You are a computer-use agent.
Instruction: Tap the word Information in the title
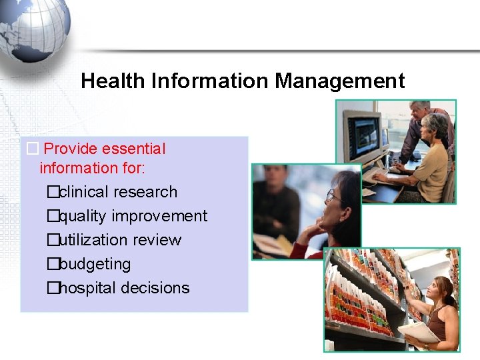[211, 81]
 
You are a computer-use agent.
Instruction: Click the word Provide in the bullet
[70, 149]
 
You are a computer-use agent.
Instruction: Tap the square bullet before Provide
[31, 149]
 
